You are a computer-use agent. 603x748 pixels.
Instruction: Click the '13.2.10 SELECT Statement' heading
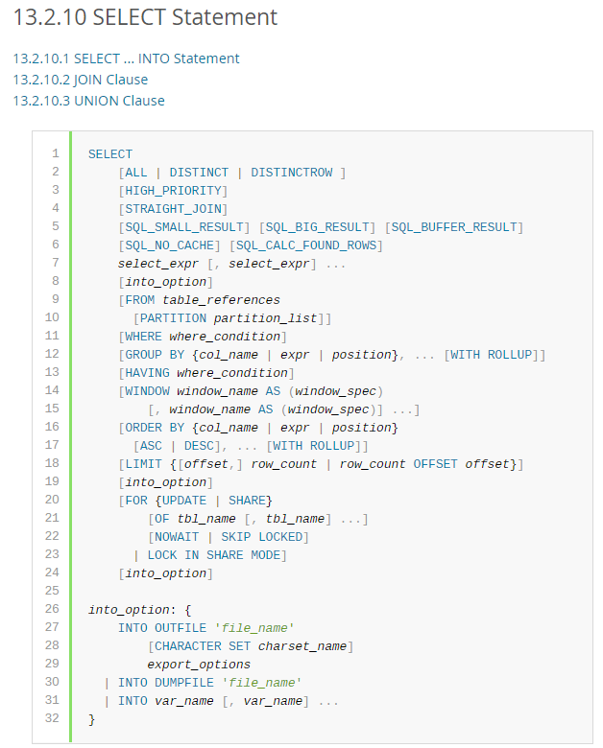pos(145,17)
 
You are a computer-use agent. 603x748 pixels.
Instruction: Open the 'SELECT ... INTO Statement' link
pos(126,58)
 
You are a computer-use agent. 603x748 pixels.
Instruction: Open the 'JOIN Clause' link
pos(80,80)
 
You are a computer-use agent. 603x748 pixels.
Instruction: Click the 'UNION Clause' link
pos(88,101)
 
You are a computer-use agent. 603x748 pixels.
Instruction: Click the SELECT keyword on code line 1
pos(110,153)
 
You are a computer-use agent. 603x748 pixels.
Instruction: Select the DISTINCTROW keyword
pos(291,172)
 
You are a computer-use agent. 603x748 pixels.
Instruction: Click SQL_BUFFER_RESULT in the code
pos(453,226)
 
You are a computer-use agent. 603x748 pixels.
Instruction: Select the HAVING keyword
pos(147,372)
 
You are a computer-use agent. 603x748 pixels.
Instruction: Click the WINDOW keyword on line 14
pos(147,390)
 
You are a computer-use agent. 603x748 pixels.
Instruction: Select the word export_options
pos(199,664)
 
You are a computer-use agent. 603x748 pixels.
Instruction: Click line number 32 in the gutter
pos(52,718)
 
